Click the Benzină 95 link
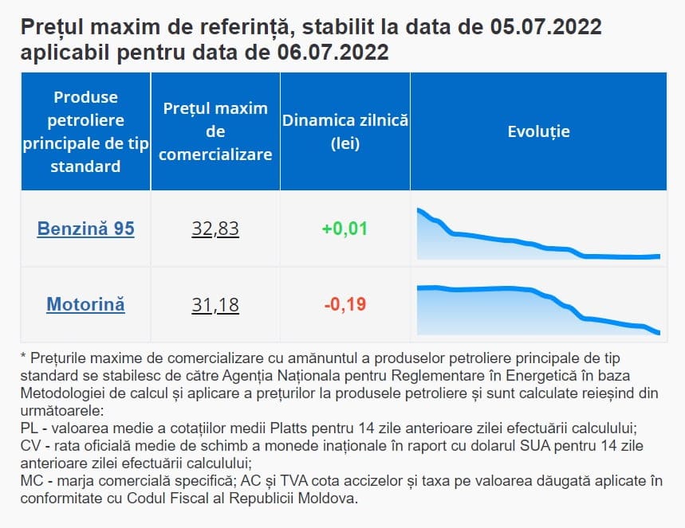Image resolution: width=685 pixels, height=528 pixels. click(85, 229)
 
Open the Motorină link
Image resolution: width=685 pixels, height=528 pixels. click(85, 304)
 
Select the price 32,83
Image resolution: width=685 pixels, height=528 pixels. click(215, 229)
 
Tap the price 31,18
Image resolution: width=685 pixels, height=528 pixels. click(215, 304)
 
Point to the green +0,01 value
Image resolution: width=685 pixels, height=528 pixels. click(344, 229)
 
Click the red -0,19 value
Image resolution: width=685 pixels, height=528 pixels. click(344, 304)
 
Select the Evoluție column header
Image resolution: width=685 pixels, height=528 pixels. click(538, 131)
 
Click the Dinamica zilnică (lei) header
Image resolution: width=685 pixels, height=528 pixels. click(344, 131)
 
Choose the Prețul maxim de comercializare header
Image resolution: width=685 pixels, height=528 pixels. click(215, 131)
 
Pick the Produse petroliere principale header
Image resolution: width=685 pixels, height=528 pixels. click(85, 131)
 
